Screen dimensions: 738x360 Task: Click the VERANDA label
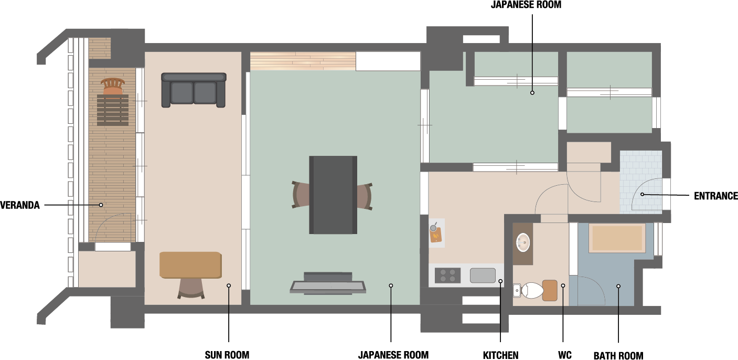coord(20,205)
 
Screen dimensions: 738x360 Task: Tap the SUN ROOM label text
coord(227,355)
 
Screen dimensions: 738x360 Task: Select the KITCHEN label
coord(500,355)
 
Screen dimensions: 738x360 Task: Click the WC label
coord(565,355)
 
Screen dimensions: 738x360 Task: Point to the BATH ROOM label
coord(618,355)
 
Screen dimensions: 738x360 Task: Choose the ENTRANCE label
coord(715,196)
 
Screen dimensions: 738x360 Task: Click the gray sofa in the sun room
coord(194,90)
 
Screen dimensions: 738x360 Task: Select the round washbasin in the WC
coord(523,242)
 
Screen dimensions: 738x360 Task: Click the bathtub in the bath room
coord(617,238)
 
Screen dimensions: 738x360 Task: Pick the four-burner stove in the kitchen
coord(447,276)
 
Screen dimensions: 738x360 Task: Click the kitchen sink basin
coord(483,276)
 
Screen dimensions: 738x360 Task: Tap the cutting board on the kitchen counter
coord(435,235)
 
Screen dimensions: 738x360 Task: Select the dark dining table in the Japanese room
coord(333,195)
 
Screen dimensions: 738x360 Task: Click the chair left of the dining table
coord(301,195)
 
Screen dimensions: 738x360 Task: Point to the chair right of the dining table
coord(365,196)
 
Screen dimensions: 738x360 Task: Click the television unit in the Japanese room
coord(328,283)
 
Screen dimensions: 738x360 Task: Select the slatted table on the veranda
coord(113,110)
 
